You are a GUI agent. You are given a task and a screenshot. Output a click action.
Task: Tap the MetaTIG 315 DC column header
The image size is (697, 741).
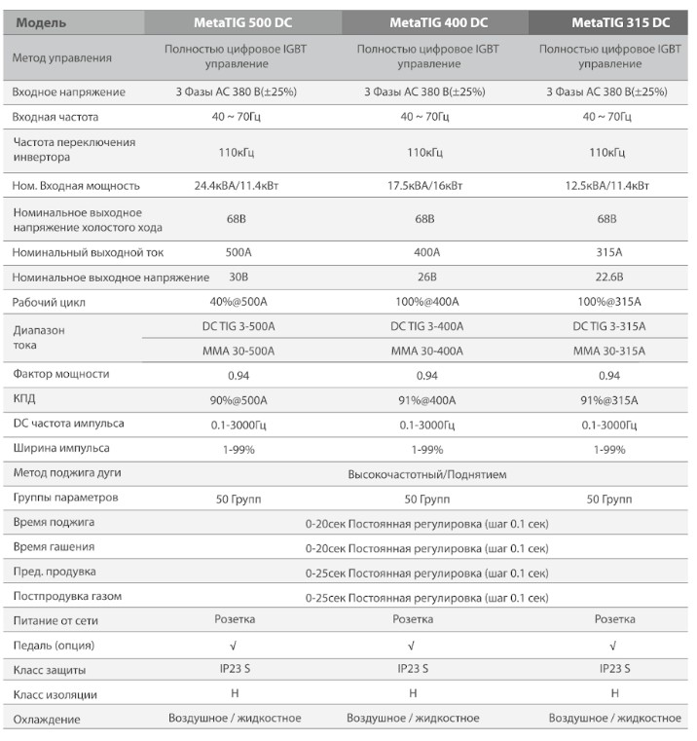tap(614, 21)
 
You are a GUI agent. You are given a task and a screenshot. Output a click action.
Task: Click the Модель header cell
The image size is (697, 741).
tap(39, 21)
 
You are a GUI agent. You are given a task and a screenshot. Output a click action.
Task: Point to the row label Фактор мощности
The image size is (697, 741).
tap(60, 374)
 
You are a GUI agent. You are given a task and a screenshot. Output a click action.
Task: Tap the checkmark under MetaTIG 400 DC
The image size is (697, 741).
tap(412, 645)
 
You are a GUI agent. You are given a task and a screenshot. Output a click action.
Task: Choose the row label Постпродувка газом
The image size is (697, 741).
tap(67, 596)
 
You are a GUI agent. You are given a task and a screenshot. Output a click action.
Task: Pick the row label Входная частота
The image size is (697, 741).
tap(55, 117)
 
